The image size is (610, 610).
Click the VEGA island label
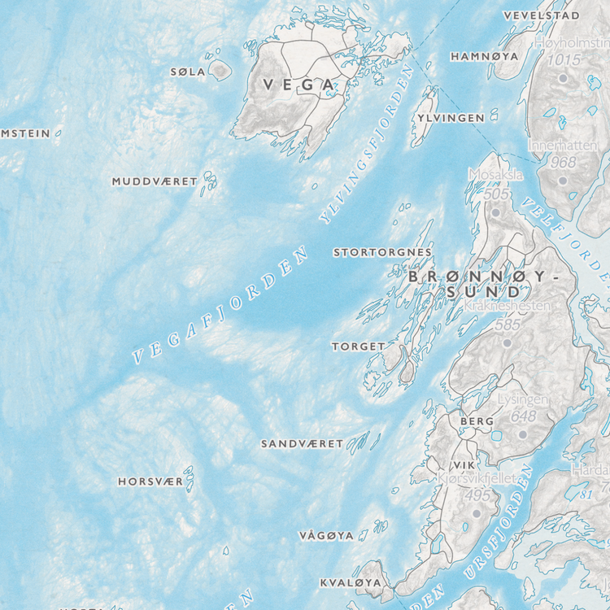[x=298, y=85]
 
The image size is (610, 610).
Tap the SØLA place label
[x=188, y=72]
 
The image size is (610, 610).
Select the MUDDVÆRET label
[x=155, y=181]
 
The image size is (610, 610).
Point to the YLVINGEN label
[x=451, y=118]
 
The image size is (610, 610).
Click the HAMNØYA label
[x=484, y=57]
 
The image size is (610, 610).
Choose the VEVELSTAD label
[x=541, y=15]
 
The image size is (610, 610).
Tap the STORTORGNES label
[x=382, y=253]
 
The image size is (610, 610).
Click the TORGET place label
[x=358, y=346]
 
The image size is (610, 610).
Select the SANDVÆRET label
[x=302, y=444]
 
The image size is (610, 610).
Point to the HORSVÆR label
[x=150, y=481]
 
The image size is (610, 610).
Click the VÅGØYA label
[x=326, y=536]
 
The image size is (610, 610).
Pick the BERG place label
[x=477, y=421]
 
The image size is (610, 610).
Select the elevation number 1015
[x=564, y=59]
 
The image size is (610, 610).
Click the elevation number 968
[x=563, y=162]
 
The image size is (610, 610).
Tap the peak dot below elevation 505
[x=495, y=212]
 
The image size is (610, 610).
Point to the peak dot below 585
[x=507, y=342]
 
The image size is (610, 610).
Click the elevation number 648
[x=524, y=416]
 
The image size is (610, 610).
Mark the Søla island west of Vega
[x=220, y=71]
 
